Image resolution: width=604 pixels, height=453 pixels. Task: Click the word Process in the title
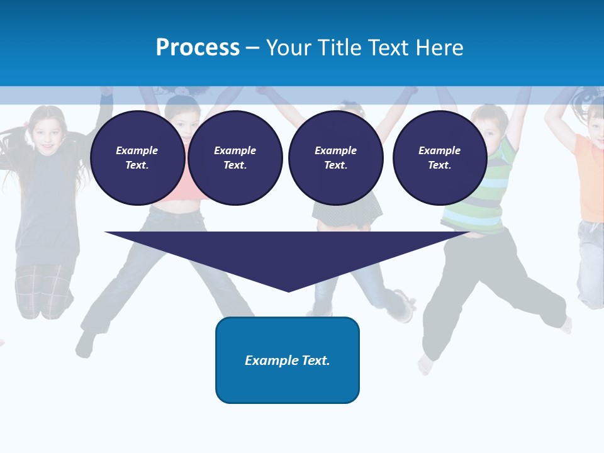coord(198,48)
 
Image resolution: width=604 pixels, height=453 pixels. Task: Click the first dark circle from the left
coord(137,158)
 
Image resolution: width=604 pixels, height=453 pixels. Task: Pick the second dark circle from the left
coord(235,158)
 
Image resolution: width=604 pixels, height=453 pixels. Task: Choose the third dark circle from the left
coord(335,158)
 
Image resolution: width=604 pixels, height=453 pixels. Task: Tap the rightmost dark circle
coord(439,158)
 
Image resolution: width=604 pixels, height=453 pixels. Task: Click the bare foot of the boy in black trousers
coord(427,364)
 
